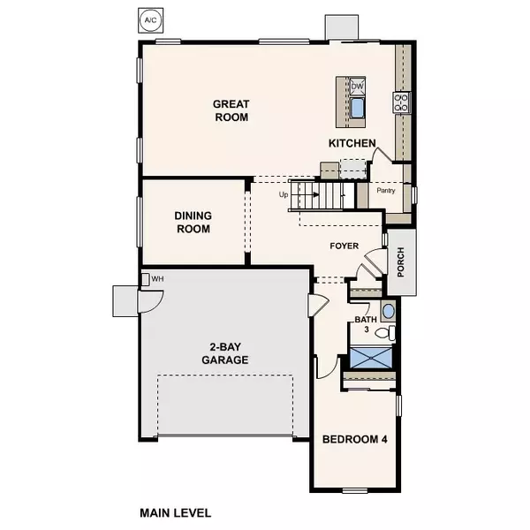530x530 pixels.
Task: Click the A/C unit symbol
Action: [152, 18]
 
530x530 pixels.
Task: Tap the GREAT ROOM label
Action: [230, 110]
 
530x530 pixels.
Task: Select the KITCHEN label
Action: [352, 143]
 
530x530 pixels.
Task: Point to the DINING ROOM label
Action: [192, 222]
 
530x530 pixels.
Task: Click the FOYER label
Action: [344, 246]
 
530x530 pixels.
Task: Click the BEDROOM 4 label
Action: [352, 439]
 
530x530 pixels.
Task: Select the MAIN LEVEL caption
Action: [176, 511]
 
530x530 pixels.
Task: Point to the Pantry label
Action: [386, 190]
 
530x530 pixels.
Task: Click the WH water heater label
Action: [158, 279]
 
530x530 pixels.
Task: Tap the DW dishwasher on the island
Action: [357, 86]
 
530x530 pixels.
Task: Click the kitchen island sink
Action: [358, 108]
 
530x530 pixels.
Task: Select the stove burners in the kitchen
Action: [401, 102]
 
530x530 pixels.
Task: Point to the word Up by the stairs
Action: [284, 195]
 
